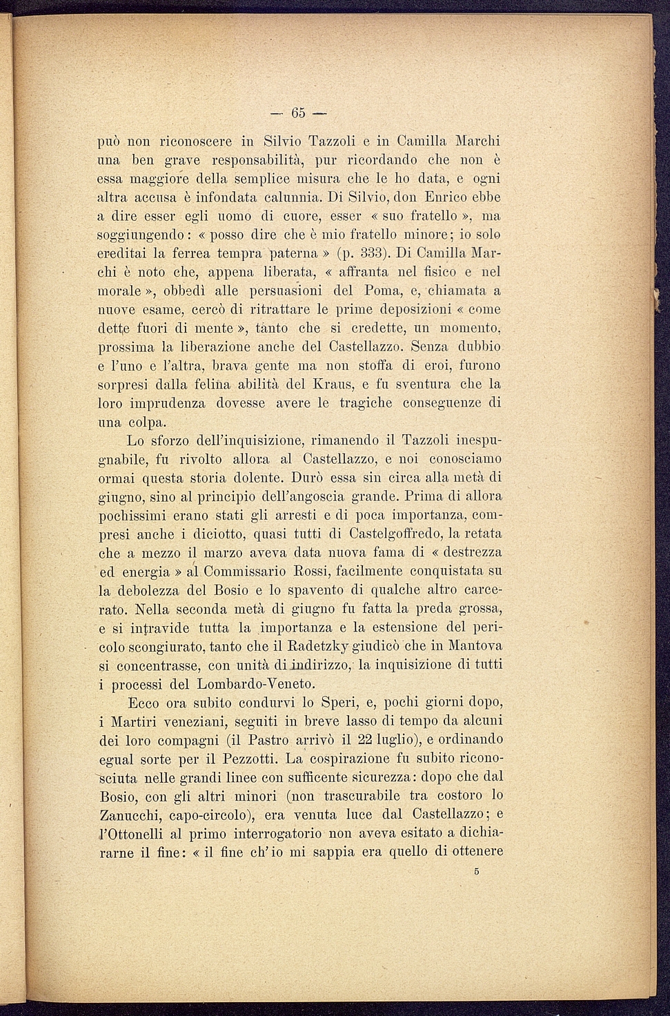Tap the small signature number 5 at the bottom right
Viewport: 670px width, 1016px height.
(x=477, y=872)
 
